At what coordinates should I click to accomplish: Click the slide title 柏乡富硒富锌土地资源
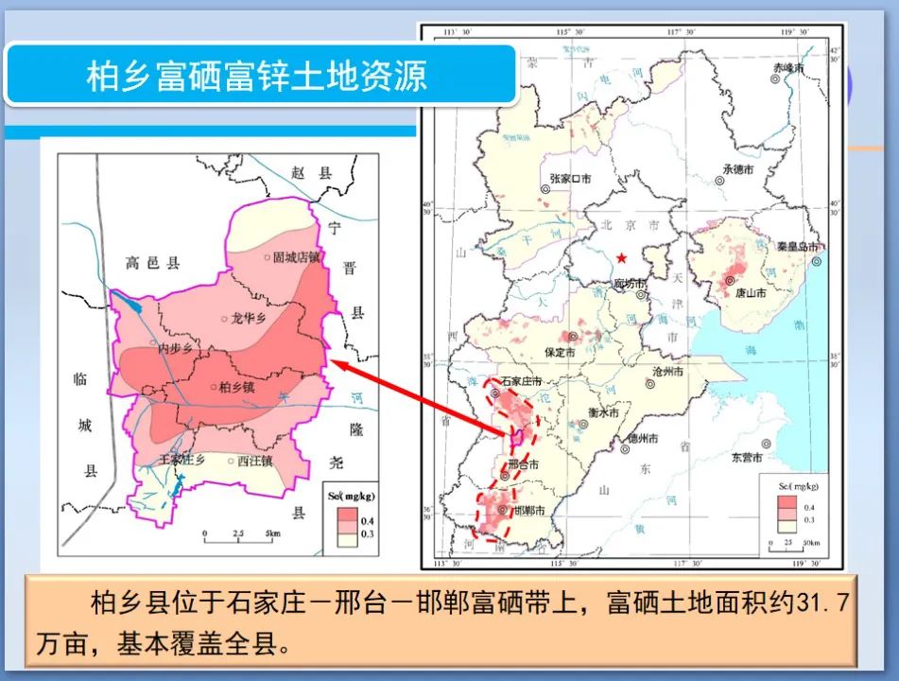257,76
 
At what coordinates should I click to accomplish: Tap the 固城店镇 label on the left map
297,256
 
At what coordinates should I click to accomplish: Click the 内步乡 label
175,349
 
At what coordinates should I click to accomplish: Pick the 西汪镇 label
255,462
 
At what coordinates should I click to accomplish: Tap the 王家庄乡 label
182,459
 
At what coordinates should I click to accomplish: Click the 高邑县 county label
151,264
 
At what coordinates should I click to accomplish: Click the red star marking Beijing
621,258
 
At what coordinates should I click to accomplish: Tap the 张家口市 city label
570,178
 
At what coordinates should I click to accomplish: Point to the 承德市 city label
737,169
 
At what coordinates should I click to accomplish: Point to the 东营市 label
752,456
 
